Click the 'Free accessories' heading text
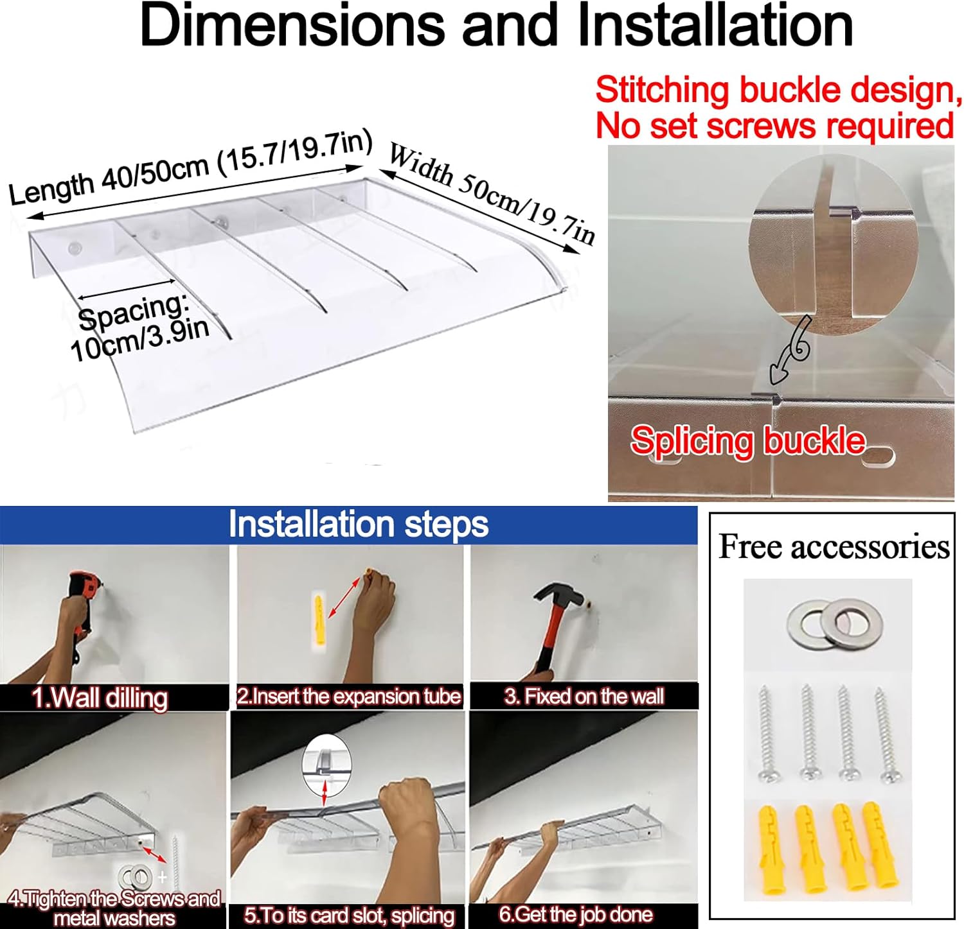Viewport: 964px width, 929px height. point(834,547)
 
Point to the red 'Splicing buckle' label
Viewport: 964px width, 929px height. point(747,440)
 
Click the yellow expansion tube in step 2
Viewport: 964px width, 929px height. point(319,620)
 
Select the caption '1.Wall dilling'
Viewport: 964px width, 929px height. point(100,698)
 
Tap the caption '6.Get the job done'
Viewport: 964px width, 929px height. point(575,914)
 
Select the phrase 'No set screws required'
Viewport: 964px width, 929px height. point(774,125)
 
